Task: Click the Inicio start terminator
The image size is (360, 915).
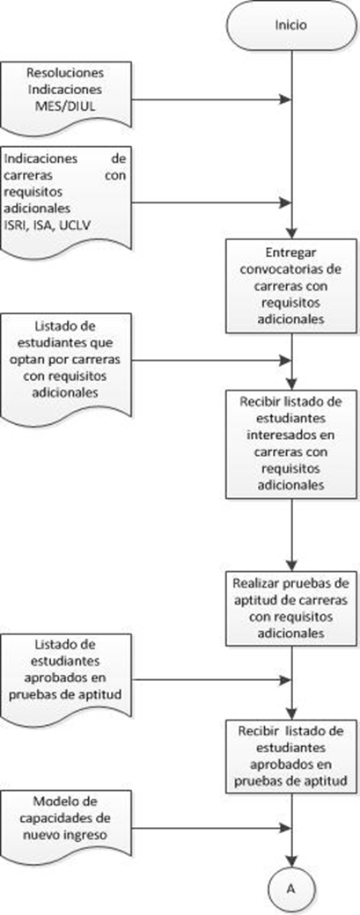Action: point(290,26)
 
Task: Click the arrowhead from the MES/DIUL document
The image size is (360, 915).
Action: point(285,99)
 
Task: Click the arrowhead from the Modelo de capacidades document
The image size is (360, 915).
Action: point(285,827)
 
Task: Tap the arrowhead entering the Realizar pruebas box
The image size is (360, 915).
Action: point(290,565)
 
